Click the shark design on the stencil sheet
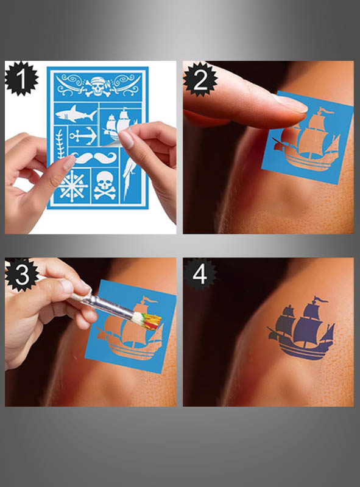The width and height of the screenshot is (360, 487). tap(76, 114)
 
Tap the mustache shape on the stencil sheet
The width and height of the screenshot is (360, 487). tap(96, 159)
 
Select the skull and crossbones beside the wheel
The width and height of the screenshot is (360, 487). tap(105, 186)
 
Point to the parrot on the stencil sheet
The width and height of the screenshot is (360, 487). tap(130, 177)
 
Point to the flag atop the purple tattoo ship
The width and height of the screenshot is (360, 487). tap(319, 300)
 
